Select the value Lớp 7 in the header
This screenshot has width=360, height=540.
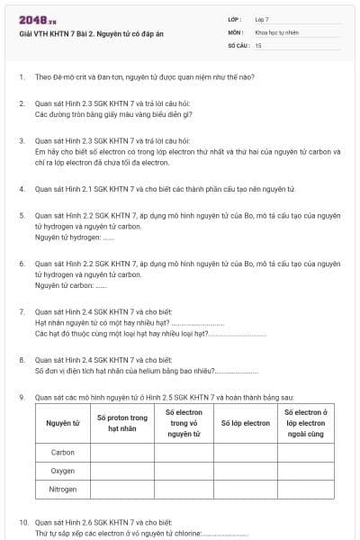tap(262, 19)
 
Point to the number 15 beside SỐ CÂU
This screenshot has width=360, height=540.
tap(258, 44)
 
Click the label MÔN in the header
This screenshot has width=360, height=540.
tap(235, 31)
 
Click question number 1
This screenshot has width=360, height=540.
tap(21, 78)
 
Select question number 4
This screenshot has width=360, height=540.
tap(21, 189)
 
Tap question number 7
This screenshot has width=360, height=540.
tap(21, 311)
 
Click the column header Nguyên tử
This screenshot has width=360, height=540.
tap(63, 423)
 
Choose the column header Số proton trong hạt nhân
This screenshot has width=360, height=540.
tap(121, 423)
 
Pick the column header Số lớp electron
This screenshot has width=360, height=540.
tap(245, 423)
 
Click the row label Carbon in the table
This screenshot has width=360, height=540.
tap(63, 452)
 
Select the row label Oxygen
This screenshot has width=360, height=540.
tap(63, 471)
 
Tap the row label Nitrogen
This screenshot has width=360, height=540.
tap(63, 490)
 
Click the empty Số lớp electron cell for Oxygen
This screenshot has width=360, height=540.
tap(245, 471)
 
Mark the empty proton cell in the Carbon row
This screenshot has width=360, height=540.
tap(121, 452)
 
